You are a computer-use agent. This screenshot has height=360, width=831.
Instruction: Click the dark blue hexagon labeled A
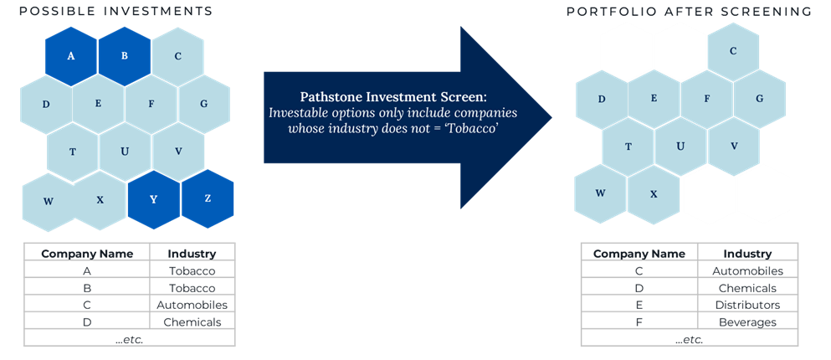pos(71,56)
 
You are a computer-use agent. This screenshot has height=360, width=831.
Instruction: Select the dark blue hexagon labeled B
pos(125,56)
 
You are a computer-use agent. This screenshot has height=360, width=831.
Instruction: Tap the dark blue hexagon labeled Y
pos(154,199)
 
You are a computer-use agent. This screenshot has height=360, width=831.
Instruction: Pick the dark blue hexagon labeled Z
pos(208,198)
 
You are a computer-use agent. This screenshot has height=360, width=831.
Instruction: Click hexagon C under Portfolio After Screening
pos(733,51)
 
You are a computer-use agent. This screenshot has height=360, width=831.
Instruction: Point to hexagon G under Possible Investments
pos(204,104)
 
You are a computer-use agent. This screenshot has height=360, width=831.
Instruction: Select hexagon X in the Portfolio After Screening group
pos(654,194)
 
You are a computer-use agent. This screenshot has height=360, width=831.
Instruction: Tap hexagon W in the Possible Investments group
pos(49,202)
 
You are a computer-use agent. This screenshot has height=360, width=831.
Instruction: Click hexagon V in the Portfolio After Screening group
pos(734,147)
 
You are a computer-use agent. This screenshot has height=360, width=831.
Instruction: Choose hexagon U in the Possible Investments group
pos(125,152)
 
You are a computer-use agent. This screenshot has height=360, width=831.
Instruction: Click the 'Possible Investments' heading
pos(116,11)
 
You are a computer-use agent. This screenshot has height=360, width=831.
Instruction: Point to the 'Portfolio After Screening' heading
pos(689,12)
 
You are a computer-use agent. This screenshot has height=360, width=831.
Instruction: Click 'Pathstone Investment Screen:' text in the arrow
pos(393,97)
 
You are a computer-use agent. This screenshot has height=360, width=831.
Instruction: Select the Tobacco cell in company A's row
pos(192,271)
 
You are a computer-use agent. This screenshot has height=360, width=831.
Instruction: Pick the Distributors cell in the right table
pos(747,306)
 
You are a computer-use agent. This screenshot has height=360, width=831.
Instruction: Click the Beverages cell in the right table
pos(747,322)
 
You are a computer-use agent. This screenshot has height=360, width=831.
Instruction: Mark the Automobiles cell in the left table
pos(192,306)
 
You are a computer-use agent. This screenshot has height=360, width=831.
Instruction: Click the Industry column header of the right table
pos(747,254)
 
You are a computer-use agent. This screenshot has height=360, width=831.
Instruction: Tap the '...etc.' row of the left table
pos(130,340)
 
